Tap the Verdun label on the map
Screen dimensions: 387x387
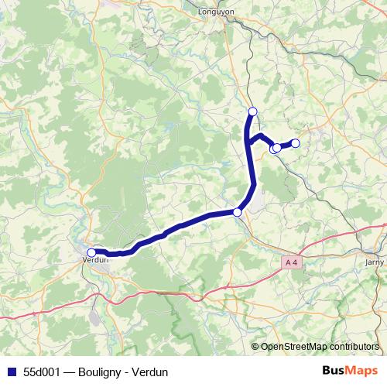tap(94, 261)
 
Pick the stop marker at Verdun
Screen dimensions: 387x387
tap(91, 252)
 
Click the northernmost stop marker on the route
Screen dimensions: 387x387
tap(252, 111)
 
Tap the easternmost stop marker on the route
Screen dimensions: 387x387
tap(294, 142)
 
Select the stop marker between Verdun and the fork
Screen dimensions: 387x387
tap(237, 212)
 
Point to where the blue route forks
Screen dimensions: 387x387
tap(250, 141)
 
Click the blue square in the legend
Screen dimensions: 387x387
tap(9, 372)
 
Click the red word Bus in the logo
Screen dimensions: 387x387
tap(334, 371)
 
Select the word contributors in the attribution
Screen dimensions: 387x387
tap(352, 347)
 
